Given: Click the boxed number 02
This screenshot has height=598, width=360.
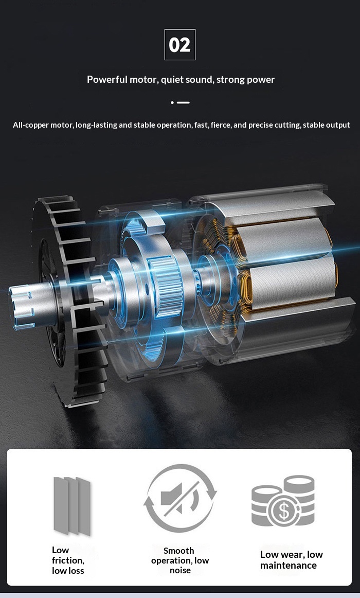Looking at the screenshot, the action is pyautogui.click(x=180, y=45).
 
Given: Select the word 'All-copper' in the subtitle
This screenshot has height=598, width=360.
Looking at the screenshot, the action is pyautogui.click(x=31, y=125).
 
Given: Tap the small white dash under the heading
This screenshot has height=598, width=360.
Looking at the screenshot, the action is pyautogui.click(x=184, y=102).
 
